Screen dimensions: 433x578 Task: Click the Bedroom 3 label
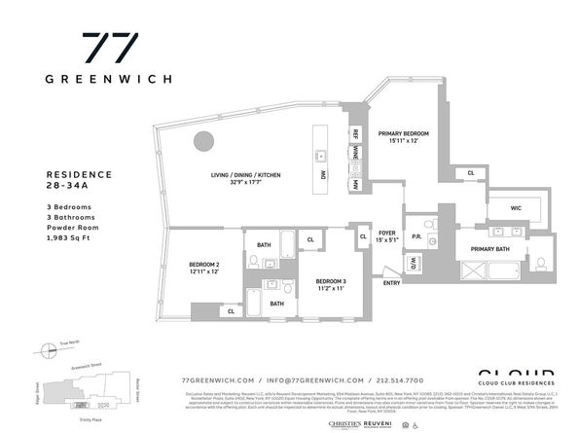[330, 285]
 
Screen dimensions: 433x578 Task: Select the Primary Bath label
[489, 249]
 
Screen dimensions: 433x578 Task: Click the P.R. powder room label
[415, 235]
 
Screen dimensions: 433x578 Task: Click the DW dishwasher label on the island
[321, 174]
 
